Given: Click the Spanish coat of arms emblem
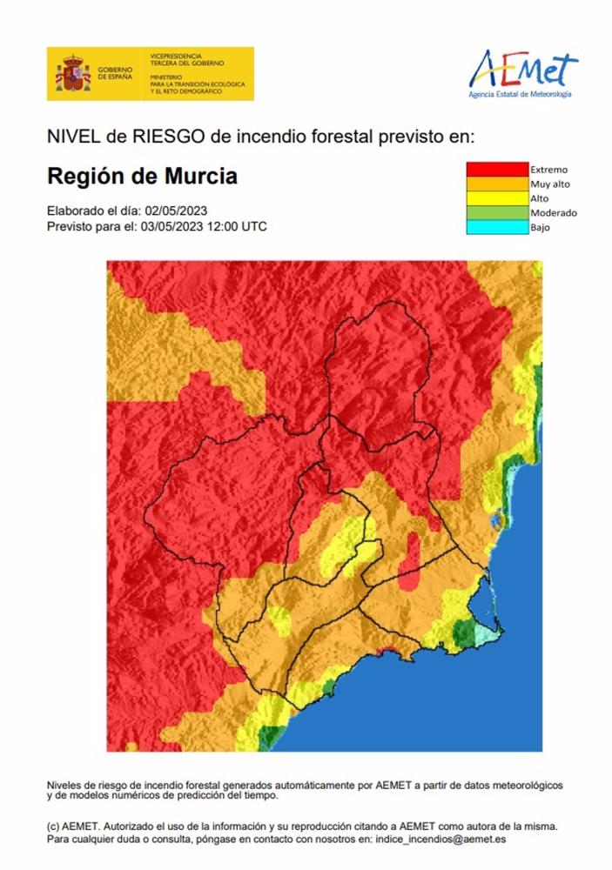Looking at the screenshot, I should pos(73,74).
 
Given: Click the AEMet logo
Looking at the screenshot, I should pos(522,69).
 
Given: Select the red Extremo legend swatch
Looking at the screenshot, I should pos(497,169).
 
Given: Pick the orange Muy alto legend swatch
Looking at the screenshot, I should pos(497,184).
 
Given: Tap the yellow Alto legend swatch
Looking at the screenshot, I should pos(497,198).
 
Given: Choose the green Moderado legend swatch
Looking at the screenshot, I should pos(497,212).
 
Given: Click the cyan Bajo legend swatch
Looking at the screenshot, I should pos(497,227).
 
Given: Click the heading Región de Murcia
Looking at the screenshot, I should pos(141,177).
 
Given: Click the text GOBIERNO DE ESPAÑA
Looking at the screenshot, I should pos(115,74).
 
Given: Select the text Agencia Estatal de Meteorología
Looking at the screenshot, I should pos(520,94).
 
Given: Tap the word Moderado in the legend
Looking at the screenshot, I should pos(553,212).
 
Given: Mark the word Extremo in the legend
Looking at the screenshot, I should pos(548,169).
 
